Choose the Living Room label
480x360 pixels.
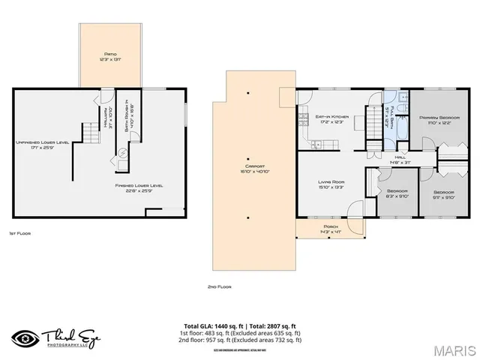(331, 184)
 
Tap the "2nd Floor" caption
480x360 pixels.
(219, 286)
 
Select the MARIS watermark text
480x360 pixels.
(451, 349)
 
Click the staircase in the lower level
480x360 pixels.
(91, 134)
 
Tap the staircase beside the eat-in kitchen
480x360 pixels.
(373, 122)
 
